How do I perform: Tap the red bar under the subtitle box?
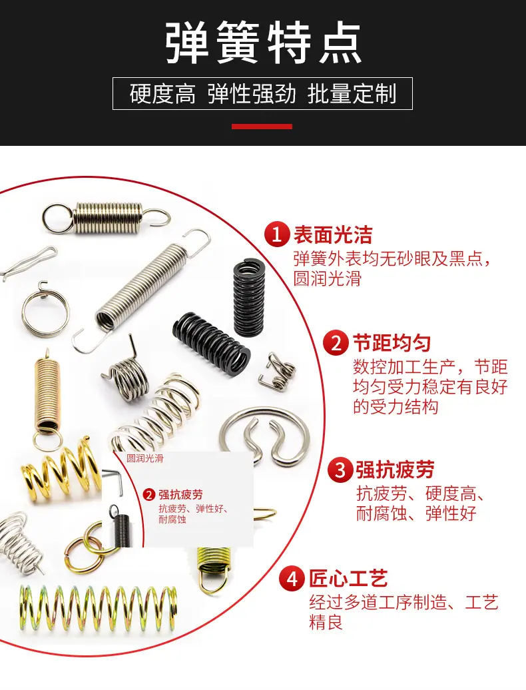[x=262, y=127]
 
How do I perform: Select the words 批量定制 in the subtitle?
[x=352, y=94]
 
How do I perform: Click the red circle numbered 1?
[x=276, y=234]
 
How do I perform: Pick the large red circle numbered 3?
[x=340, y=470]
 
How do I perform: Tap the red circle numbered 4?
[x=292, y=579]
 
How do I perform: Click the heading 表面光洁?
[x=333, y=234]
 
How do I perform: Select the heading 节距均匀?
[x=392, y=343]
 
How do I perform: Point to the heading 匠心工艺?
[x=348, y=579]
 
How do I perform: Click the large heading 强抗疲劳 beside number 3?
[x=395, y=470]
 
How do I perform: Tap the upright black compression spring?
[x=249, y=298]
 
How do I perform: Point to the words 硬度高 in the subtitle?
[x=162, y=94]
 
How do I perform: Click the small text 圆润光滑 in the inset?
[x=145, y=458]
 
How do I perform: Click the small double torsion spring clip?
[x=277, y=370]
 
